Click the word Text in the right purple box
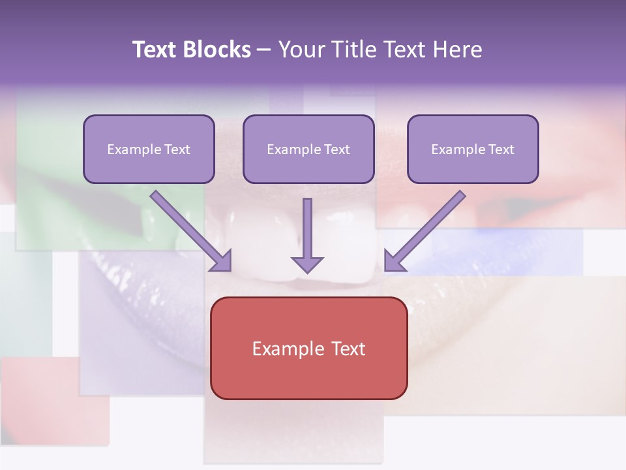point(500,149)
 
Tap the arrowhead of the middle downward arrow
point(307,264)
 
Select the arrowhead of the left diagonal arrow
point(221,260)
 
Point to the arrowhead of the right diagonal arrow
point(395,260)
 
